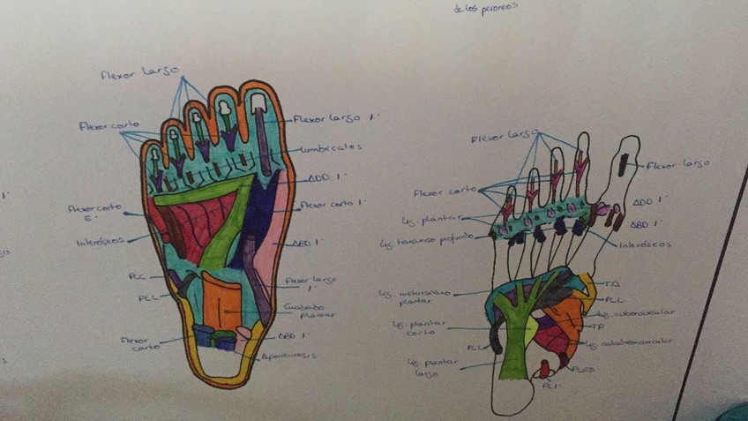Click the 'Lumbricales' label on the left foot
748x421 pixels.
332,148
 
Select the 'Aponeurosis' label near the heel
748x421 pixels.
291,356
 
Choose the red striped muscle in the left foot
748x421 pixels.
205,229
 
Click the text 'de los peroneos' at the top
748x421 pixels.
484,8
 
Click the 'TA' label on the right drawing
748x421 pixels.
612,283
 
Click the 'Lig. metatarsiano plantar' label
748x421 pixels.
412,297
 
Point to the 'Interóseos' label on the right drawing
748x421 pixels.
645,244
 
